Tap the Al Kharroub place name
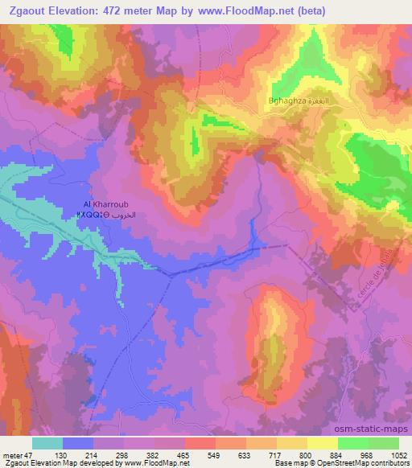[x=101, y=204]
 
